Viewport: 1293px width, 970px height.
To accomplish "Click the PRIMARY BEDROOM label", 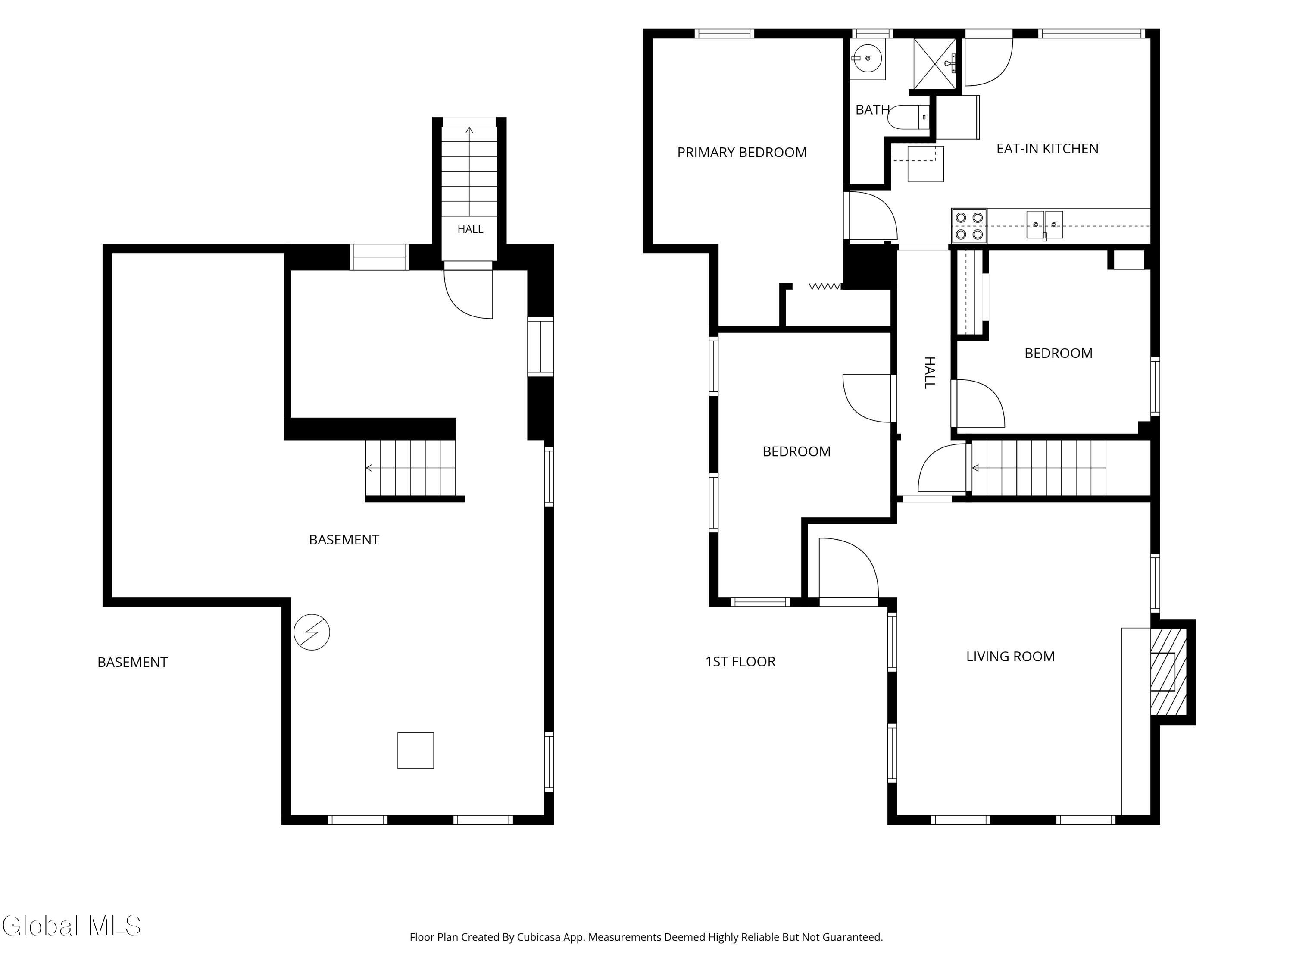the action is pyautogui.click(x=742, y=153).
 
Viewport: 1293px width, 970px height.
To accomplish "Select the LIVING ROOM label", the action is pyautogui.click(x=1010, y=657).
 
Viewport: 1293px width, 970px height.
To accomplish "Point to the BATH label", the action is pyautogui.click(x=872, y=110).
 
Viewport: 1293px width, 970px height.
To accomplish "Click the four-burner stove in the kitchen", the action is pyautogui.click(x=968, y=226).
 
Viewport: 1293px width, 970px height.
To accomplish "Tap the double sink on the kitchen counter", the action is pyautogui.click(x=1045, y=225).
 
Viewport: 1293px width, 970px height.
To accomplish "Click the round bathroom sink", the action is pyautogui.click(x=868, y=59).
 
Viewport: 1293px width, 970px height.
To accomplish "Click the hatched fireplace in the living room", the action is pyautogui.click(x=1168, y=672).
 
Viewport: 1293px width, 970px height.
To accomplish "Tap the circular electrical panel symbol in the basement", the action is pyautogui.click(x=312, y=632).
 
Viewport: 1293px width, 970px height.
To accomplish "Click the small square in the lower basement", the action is pyautogui.click(x=415, y=750).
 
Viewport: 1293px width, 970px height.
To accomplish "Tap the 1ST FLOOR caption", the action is pyautogui.click(x=740, y=662).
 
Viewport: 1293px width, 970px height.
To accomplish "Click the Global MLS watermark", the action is pyautogui.click(x=71, y=926).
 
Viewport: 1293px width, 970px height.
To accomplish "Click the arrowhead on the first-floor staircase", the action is pyautogui.click(x=975, y=468).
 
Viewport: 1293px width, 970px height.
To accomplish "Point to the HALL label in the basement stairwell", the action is pyautogui.click(x=470, y=229).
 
